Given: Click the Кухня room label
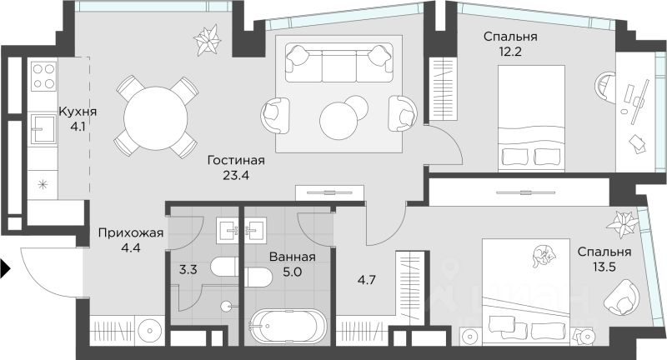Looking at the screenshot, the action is [78, 112].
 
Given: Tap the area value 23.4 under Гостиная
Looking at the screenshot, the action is [236, 175].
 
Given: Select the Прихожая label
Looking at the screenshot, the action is [131, 232].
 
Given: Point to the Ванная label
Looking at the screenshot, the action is [293, 257].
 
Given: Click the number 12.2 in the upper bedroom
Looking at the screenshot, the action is [510, 52].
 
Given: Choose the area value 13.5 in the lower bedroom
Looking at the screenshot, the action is [604, 267].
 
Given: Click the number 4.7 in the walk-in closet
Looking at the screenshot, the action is [366, 280].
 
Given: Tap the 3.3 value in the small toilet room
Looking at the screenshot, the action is [188, 269].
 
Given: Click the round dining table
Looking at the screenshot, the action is [156, 117].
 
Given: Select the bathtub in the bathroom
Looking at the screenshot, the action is [288, 326].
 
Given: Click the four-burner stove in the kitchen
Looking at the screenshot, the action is [43, 77].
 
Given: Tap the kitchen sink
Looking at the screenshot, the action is [44, 129].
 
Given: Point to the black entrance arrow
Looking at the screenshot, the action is [5, 268].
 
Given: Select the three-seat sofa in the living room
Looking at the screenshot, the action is [339, 63].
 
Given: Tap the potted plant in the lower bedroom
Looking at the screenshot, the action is [623, 223].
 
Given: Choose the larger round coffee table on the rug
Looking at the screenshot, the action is [339, 121].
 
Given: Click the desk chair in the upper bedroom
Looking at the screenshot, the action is [605, 87].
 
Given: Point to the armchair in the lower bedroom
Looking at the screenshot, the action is [621, 297].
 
